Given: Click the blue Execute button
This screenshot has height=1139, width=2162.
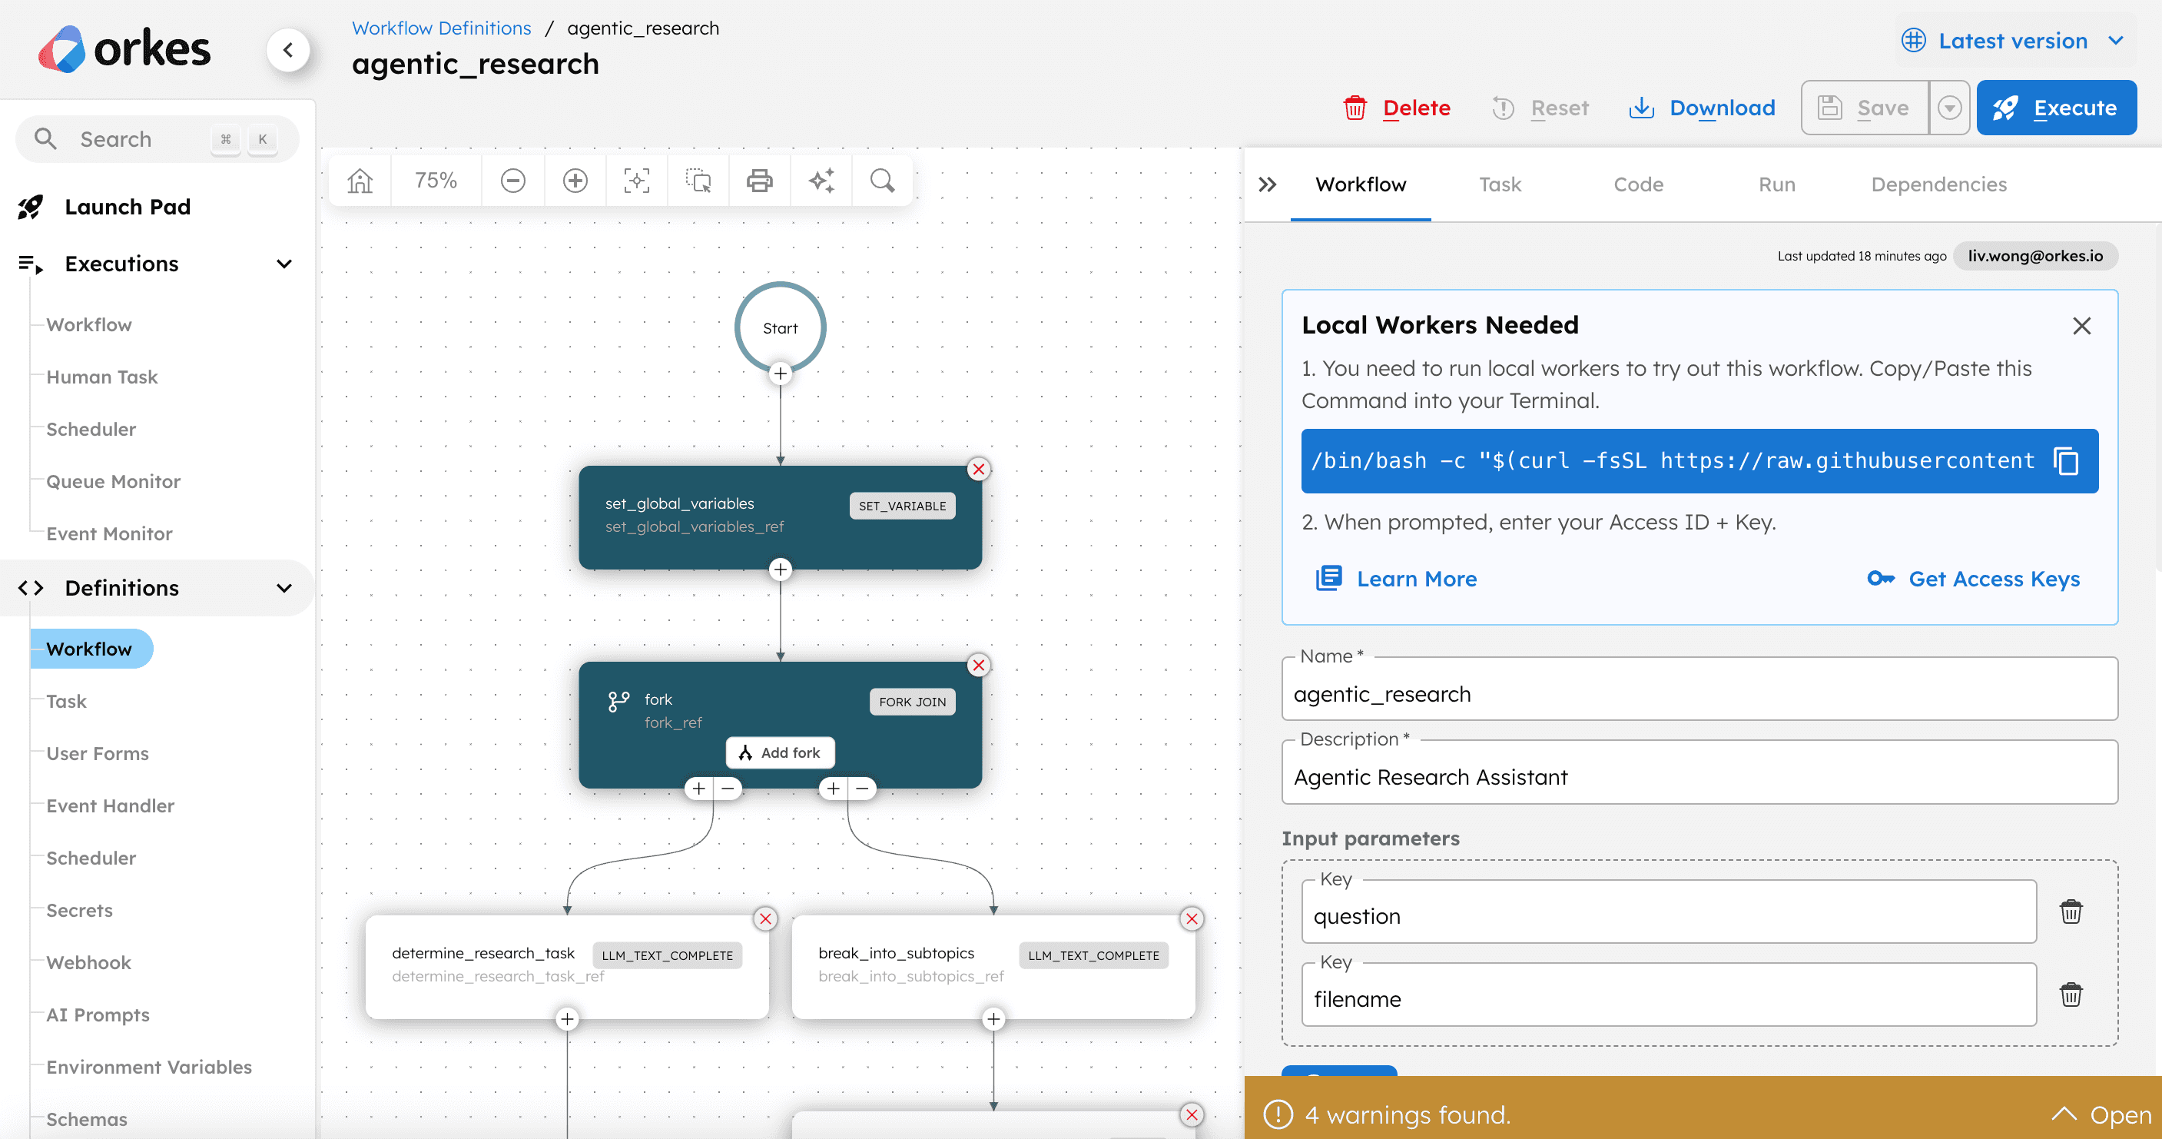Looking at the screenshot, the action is pyautogui.click(x=2055, y=108).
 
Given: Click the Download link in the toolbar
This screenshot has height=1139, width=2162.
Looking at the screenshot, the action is pyautogui.click(x=1701, y=108).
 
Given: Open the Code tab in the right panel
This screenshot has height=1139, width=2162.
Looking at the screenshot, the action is pyautogui.click(x=1638, y=184).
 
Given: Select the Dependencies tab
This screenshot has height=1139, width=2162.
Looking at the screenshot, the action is pyautogui.click(x=1938, y=184).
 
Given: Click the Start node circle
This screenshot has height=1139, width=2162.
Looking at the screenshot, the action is pyautogui.click(x=780, y=327).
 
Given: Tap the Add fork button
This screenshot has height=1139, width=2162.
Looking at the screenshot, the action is pyautogui.click(x=780, y=753).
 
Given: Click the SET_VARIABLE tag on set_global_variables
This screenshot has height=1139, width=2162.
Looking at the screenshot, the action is pyautogui.click(x=902, y=505).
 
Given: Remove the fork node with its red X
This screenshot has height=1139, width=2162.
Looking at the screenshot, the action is pyautogui.click(x=979, y=665).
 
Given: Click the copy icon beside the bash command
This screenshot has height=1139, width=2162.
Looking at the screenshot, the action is pyautogui.click(x=2065, y=461).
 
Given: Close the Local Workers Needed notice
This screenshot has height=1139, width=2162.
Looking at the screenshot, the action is pyautogui.click(x=2081, y=326).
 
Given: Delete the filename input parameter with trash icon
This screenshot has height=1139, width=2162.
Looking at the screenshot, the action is pyautogui.click(x=2071, y=994).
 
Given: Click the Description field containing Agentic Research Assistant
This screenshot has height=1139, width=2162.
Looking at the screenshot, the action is pyautogui.click(x=1699, y=776).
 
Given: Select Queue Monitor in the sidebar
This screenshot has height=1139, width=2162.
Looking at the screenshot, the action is pyautogui.click(x=113, y=481).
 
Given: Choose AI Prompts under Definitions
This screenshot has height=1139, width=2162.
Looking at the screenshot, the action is pyautogui.click(x=98, y=1014).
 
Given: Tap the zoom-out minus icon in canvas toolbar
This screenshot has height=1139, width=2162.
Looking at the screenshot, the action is pyautogui.click(x=512, y=181).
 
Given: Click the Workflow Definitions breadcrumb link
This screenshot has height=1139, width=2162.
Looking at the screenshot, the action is pyautogui.click(x=442, y=28).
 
